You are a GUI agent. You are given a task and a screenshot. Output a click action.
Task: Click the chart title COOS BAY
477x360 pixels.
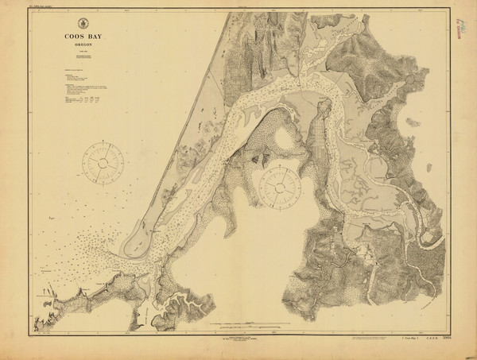point(83,35)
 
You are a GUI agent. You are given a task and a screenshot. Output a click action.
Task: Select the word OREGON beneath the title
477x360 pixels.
point(83,45)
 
